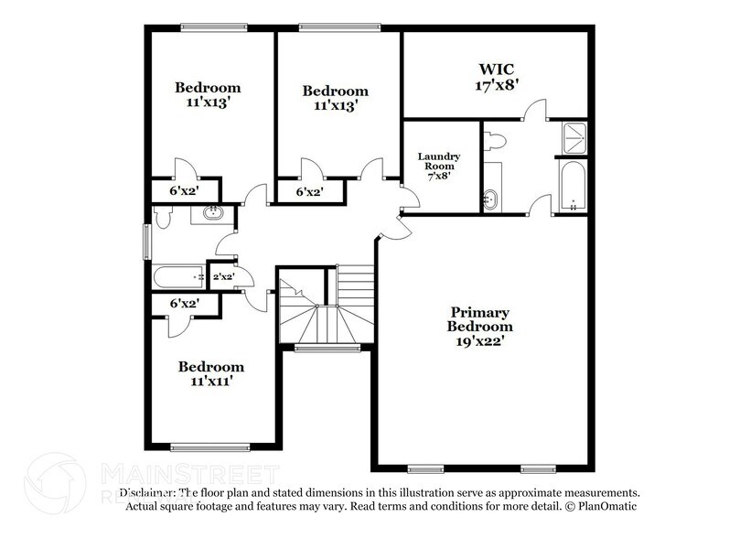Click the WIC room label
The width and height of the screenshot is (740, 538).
(x=494, y=70)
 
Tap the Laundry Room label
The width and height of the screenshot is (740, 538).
(x=439, y=156)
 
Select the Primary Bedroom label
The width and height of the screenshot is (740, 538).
(x=479, y=319)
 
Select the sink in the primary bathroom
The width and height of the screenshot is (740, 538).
(x=492, y=195)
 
